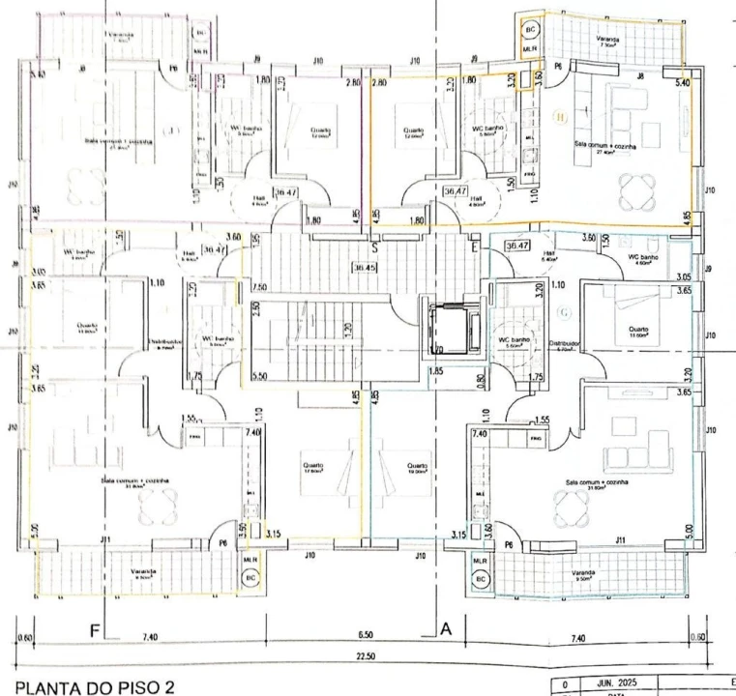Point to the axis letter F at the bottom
[x=96, y=630]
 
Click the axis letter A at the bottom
[x=446, y=629]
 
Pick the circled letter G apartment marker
[x=564, y=311]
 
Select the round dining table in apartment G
[x=566, y=504]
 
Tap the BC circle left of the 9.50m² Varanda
[x=482, y=578]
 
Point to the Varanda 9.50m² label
[x=582, y=574]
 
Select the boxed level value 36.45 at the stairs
[x=366, y=268]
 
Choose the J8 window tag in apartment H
[x=640, y=74]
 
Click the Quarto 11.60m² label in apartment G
[x=638, y=332]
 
